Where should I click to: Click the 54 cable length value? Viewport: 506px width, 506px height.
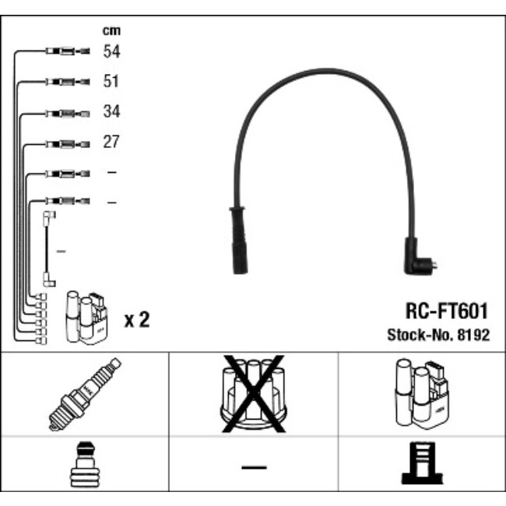point(111,51)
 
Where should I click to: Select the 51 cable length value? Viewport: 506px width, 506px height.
point(111,81)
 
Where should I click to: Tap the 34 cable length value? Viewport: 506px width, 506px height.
point(111,111)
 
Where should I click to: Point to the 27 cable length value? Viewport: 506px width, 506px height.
point(111,142)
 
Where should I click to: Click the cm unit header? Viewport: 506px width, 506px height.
point(111,30)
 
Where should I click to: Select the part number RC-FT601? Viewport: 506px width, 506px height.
point(447,311)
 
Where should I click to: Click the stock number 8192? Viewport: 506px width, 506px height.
point(473,335)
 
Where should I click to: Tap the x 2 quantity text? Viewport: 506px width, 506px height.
point(137,320)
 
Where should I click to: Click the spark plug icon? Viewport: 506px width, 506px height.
point(85,394)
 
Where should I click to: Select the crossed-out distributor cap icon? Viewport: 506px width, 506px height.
point(254,394)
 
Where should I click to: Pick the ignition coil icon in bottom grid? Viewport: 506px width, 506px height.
point(422,393)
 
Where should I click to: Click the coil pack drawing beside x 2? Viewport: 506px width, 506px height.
point(86,317)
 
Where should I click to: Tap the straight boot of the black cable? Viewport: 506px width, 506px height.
point(238,241)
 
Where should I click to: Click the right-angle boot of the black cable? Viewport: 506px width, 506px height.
point(420,257)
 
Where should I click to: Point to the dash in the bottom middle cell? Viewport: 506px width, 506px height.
point(254,467)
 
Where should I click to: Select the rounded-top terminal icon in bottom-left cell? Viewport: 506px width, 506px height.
point(85,465)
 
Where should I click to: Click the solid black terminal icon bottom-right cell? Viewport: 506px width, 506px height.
point(422,463)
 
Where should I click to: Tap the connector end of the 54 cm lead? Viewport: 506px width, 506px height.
point(68,51)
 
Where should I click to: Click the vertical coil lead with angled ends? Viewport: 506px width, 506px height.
point(49,249)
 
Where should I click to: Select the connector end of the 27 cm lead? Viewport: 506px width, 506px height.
point(68,144)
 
